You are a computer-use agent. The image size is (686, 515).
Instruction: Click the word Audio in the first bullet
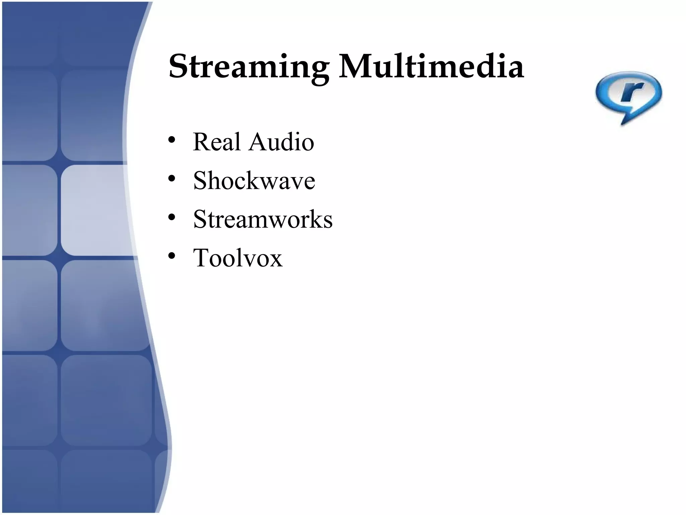[x=281, y=142]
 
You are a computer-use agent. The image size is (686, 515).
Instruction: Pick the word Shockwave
[x=254, y=181]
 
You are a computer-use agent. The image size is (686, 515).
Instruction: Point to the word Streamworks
[x=263, y=220]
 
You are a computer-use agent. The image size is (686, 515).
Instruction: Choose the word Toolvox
[x=237, y=258]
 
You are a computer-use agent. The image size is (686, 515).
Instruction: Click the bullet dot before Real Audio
[x=172, y=140]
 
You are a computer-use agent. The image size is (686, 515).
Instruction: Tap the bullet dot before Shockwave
[x=172, y=179]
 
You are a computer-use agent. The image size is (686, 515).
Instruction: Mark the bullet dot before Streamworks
[x=172, y=218]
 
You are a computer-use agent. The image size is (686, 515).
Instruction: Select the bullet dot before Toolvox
[x=172, y=256]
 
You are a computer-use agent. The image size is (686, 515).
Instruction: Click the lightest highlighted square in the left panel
[x=94, y=210]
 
